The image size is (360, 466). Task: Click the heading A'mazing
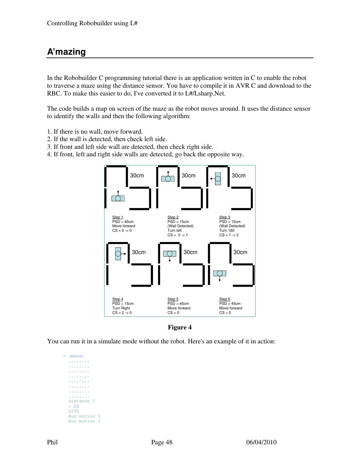[66, 52]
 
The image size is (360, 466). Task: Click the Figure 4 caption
[180, 327]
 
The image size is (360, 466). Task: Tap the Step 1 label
[117, 217]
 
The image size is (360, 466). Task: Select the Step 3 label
[224, 217]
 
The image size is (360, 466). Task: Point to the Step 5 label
[173, 299]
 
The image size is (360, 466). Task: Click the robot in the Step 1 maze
[118, 198]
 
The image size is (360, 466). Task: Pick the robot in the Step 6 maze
[220, 273]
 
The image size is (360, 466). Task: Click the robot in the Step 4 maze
[118, 254]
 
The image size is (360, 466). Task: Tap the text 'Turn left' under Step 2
[174, 230]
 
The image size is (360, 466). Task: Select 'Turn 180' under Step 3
[227, 230]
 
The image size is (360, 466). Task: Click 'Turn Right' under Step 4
[121, 308]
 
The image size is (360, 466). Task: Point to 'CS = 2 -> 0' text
[122, 313]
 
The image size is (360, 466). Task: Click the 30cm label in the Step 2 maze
[189, 175]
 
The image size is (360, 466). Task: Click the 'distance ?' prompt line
[82, 401]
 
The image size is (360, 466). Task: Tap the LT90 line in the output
[73, 411]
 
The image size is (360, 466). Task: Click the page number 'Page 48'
[162, 442]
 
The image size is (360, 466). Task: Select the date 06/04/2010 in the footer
[261, 442]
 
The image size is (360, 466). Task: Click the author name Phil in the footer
[52, 442]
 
